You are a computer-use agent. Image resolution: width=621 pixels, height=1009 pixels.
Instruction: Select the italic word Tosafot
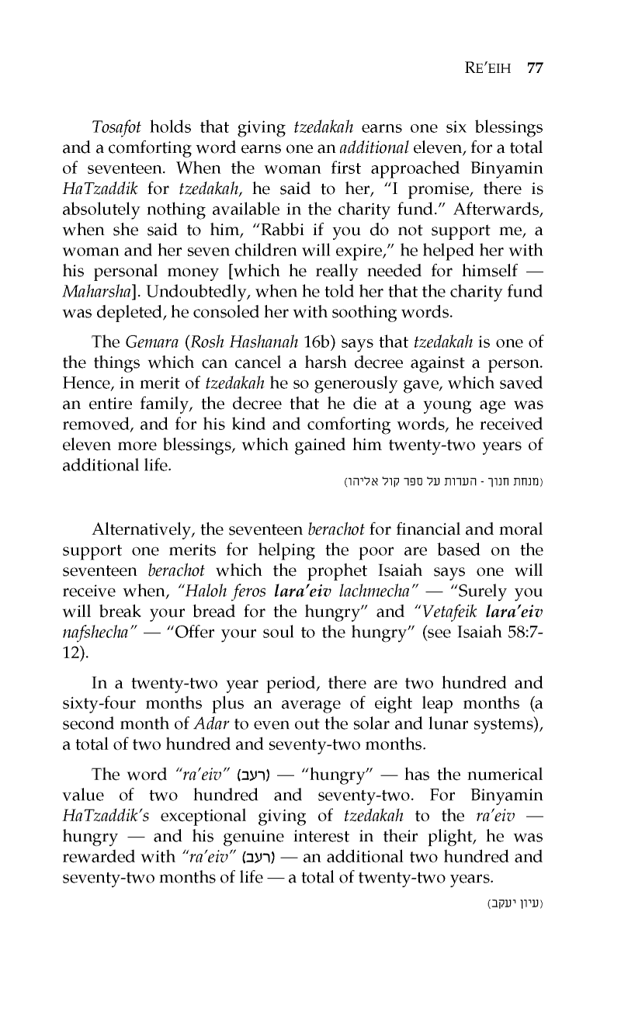pos(117,127)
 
